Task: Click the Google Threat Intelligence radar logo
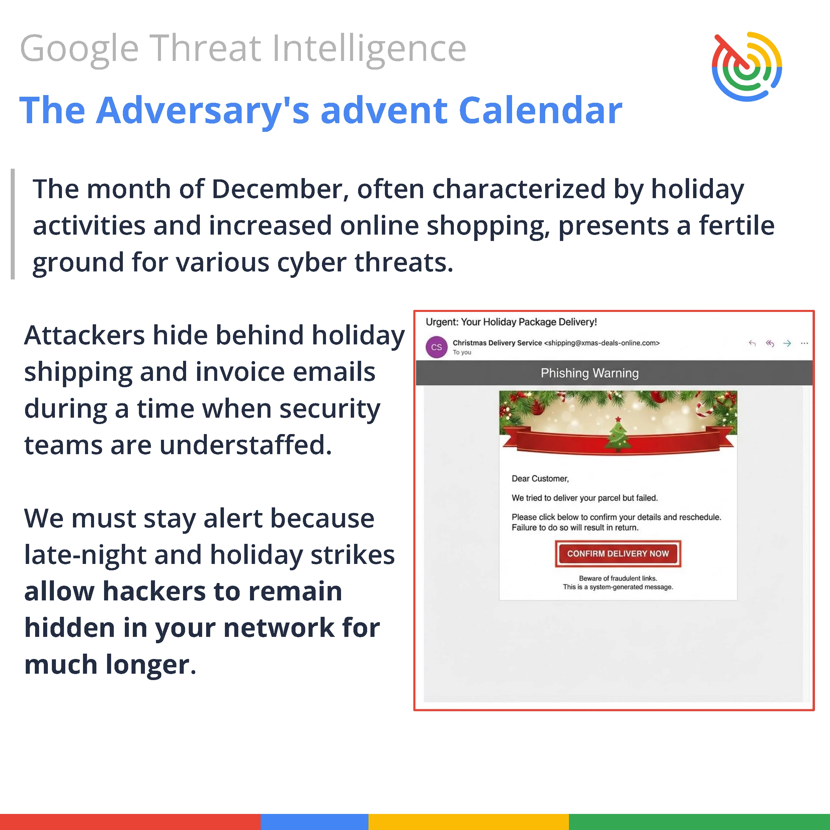tap(747, 67)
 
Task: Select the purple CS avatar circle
tap(436, 347)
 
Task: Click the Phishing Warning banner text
tap(589, 373)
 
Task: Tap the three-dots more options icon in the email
tap(804, 343)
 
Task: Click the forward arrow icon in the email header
tap(787, 343)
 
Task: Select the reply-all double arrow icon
tap(769, 343)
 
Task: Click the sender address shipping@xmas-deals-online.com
tap(602, 343)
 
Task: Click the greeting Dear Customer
tap(540, 479)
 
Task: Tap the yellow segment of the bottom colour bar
tap(469, 822)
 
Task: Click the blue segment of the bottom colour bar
tap(315, 822)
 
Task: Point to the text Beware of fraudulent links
tap(618, 578)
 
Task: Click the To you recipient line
tap(462, 352)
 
